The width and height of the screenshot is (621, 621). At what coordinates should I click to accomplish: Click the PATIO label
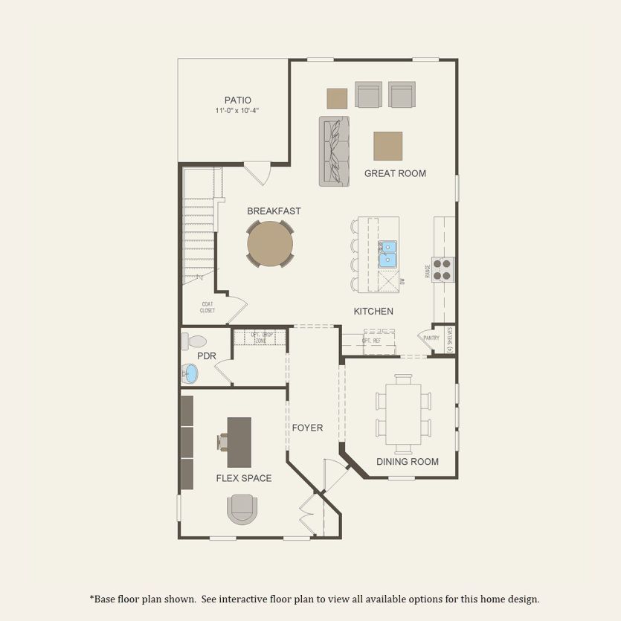click(x=238, y=100)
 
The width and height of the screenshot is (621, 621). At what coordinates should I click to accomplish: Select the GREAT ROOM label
click(x=395, y=173)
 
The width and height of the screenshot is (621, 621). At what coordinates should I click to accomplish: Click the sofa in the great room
click(x=335, y=151)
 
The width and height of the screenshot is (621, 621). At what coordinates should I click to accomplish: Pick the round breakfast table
click(x=270, y=243)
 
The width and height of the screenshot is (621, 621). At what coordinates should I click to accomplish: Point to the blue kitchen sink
click(x=387, y=254)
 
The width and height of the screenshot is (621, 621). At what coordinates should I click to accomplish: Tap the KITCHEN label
click(x=373, y=311)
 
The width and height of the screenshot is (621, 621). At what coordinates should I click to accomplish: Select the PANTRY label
click(x=431, y=338)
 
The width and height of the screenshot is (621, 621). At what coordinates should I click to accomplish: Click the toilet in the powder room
click(x=195, y=341)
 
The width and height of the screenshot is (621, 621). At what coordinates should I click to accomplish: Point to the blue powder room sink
click(x=191, y=373)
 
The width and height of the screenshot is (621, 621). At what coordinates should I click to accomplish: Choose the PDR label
click(x=207, y=356)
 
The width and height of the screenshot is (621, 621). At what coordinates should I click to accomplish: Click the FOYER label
click(x=307, y=428)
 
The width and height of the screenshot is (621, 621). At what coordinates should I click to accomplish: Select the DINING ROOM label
click(x=407, y=462)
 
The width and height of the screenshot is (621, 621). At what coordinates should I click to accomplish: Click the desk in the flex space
click(x=239, y=442)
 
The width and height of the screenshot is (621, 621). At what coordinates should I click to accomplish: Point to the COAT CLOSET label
click(x=208, y=307)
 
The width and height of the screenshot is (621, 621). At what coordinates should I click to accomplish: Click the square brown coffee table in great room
click(x=387, y=146)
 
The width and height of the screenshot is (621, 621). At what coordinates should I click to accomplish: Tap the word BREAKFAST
click(x=274, y=211)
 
